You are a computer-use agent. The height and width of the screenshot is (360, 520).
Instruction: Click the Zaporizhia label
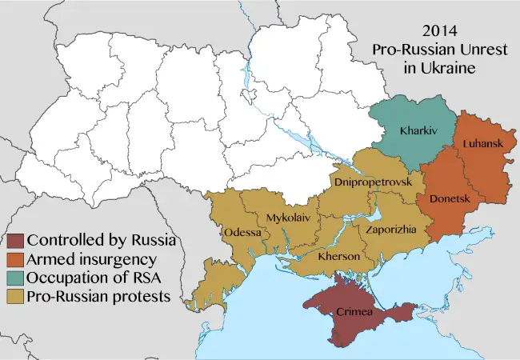point(390,230)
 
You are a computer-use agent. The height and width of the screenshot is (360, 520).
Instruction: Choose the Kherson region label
point(338,258)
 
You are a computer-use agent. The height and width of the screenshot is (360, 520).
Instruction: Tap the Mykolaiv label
point(290,218)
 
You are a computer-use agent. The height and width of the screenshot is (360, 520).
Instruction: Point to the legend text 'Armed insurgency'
point(91,259)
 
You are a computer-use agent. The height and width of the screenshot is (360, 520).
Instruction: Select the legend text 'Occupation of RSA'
point(95,278)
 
